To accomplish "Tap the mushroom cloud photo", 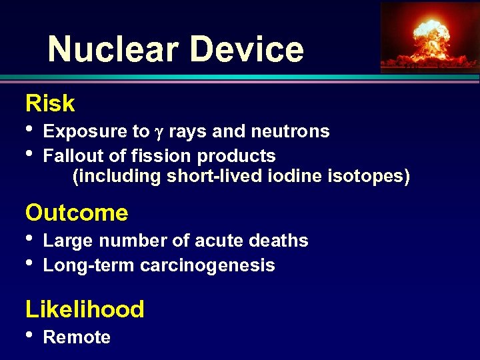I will tap(429, 36).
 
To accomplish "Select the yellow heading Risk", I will tap(50, 104).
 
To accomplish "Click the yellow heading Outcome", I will tap(77, 213).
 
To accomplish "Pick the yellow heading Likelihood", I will tap(85, 309).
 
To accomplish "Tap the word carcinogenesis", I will tap(207, 265).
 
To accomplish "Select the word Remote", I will tap(77, 337).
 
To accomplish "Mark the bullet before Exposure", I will tap(29, 129).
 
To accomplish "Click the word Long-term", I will tap(89, 265).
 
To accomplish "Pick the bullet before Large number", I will tap(29, 238).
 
